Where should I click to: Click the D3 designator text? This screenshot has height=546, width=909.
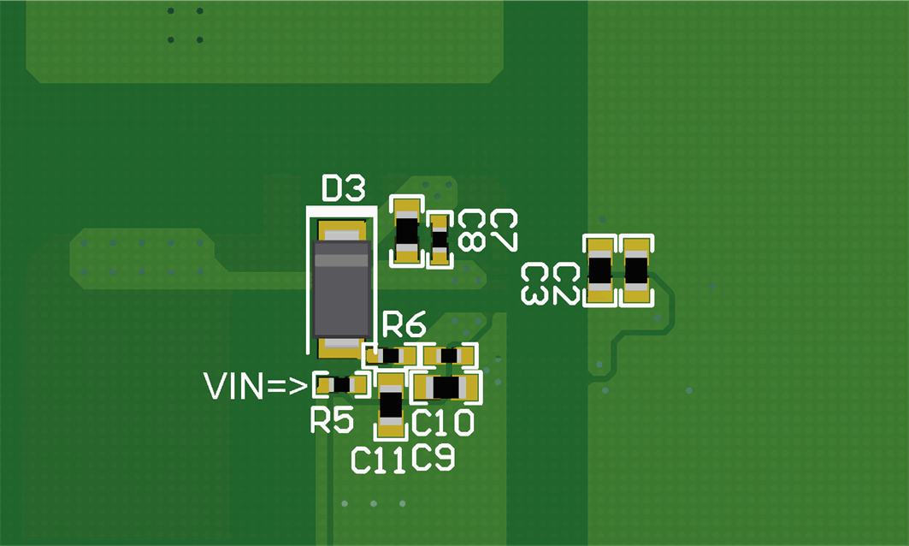click(343, 188)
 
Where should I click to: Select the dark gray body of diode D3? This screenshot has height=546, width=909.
click(340, 289)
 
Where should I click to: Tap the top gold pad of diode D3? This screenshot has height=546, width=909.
click(342, 231)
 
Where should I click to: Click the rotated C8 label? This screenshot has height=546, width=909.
click(471, 231)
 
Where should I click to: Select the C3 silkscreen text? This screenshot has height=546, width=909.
click(535, 284)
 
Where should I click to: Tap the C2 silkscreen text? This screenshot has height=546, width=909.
click(566, 284)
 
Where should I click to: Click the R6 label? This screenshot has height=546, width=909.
click(404, 325)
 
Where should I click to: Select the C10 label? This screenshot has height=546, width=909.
click(443, 422)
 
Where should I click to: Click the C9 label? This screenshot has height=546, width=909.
click(433, 459)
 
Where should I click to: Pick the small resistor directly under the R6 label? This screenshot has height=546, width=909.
click(392, 355)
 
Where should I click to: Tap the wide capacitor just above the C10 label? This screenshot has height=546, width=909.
click(446, 388)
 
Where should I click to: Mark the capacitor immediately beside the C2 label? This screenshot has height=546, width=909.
click(599, 271)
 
